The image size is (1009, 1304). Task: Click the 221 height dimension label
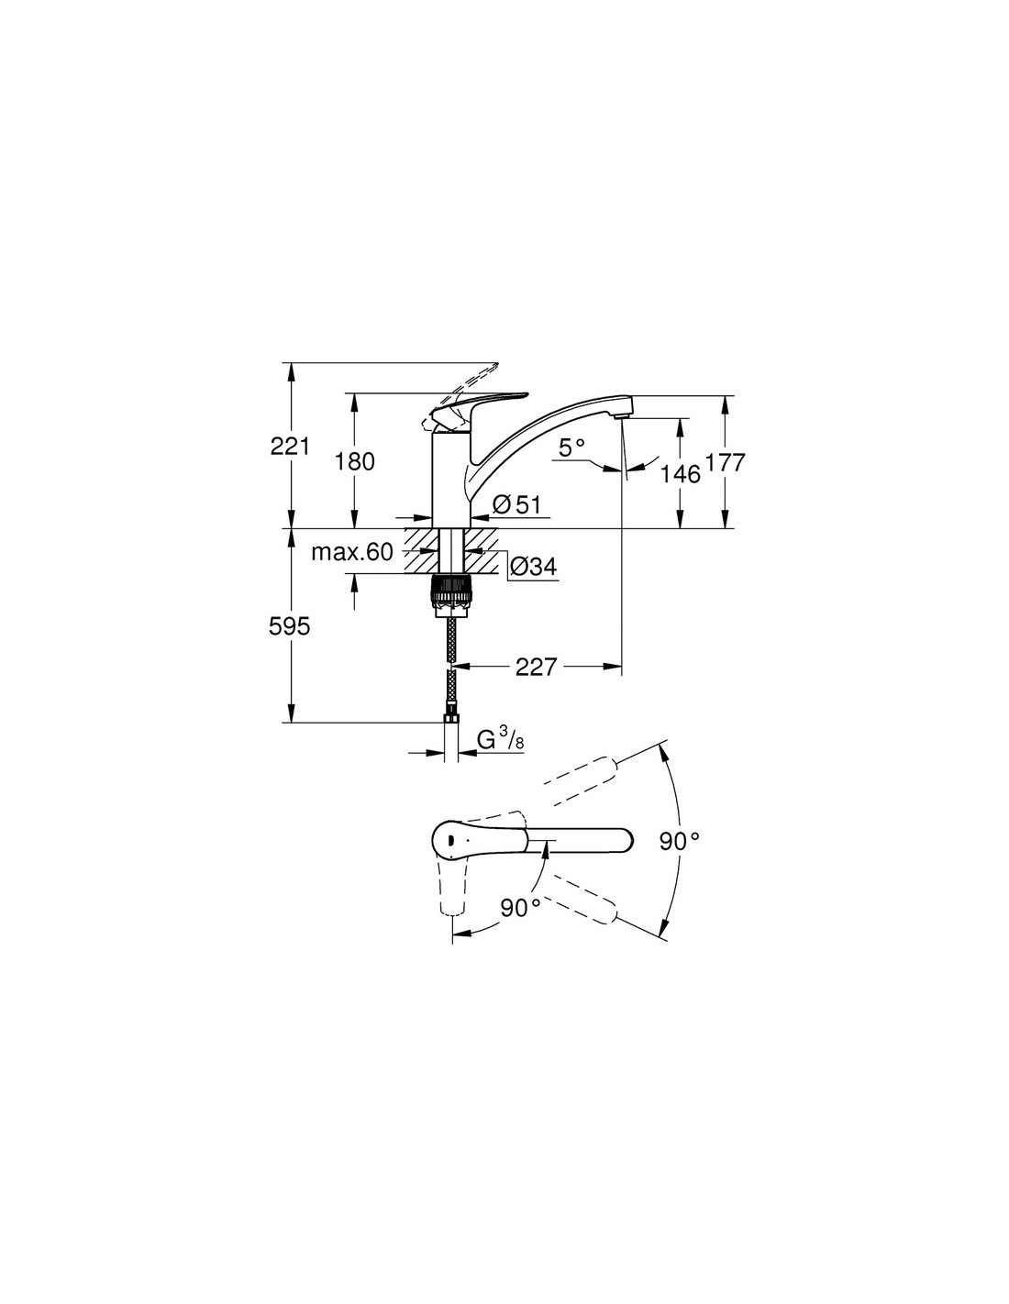tap(290, 447)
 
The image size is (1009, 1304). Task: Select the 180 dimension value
tap(354, 461)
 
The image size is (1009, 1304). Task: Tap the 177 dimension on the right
tap(726, 462)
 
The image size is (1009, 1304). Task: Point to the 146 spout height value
tap(681, 473)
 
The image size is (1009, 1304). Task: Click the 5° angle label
tap(571, 448)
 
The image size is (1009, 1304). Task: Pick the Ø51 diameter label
tap(517, 503)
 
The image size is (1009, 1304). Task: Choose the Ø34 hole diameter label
tap(532, 568)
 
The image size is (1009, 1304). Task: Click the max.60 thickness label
tap(351, 552)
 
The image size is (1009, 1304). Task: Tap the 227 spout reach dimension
tap(536, 667)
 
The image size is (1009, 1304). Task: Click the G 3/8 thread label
tap(500, 738)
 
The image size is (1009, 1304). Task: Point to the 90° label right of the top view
tap(679, 841)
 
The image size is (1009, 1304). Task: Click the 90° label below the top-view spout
tap(520, 908)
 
